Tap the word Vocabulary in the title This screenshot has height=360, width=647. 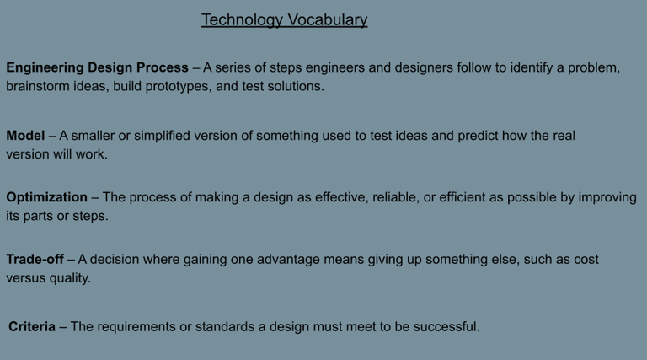[x=327, y=20]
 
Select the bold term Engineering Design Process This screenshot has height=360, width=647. [x=98, y=67]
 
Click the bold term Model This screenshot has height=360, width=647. [x=25, y=136]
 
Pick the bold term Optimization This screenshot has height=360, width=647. [x=46, y=198]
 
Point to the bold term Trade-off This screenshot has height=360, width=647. [x=35, y=260]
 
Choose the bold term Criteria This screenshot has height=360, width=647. [x=32, y=326]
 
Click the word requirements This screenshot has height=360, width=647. [x=136, y=327]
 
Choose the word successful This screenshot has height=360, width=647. [x=446, y=326]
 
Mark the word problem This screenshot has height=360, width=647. [x=594, y=68]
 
